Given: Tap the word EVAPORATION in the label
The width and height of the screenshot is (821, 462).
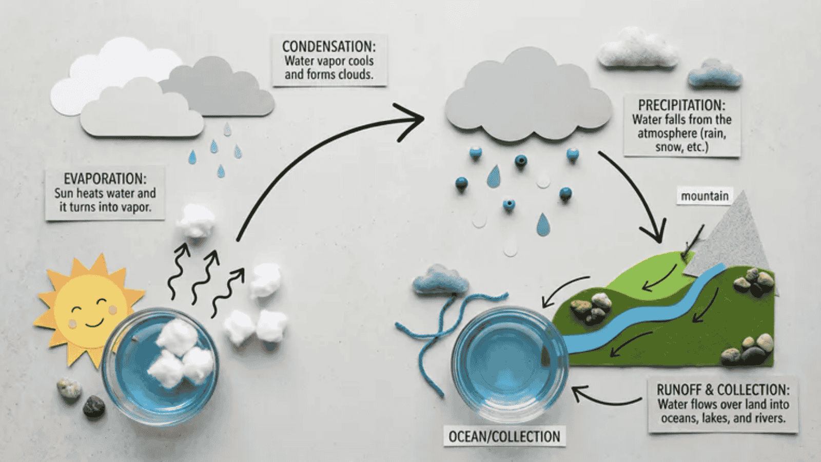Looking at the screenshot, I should pos(105,179).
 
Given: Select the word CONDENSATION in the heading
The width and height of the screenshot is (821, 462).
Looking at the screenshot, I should pos(328,47).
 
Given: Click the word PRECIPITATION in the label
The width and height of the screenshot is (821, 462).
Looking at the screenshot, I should pos(681,105).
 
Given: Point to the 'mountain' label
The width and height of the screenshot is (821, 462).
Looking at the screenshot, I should pos(705,196).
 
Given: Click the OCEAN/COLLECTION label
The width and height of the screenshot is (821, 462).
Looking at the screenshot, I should pos(504,437).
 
